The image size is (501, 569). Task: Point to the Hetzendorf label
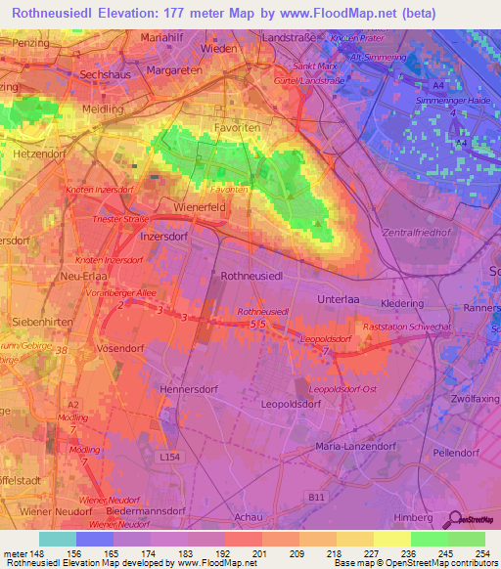click(38, 154)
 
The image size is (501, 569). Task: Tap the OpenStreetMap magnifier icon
click(455, 521)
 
